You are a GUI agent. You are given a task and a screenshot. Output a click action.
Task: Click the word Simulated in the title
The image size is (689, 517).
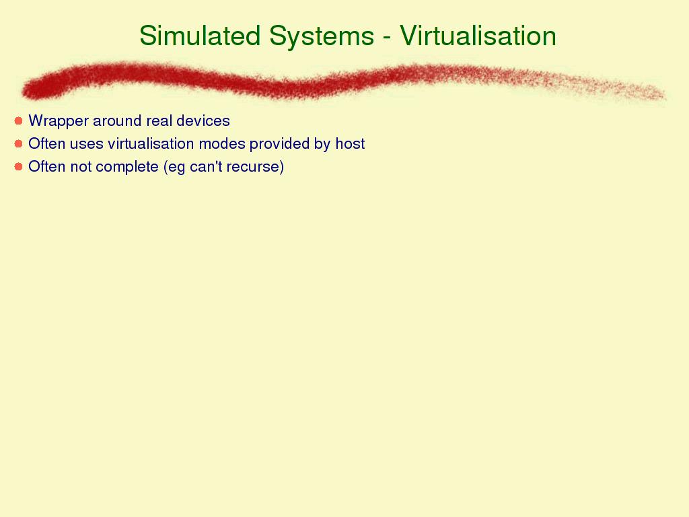[x=200, y=35]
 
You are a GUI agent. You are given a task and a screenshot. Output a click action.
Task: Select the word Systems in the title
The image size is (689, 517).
[x=322, y=36]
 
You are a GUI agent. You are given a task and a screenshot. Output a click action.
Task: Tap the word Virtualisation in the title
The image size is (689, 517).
[x=478, y=35]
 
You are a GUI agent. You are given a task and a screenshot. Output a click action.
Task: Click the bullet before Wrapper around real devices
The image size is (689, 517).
[x=18, y=121]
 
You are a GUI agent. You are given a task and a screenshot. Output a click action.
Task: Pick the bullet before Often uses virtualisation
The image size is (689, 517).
[x=18, y=144]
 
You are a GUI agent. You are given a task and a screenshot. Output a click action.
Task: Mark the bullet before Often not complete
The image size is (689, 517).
[x=18, y=167]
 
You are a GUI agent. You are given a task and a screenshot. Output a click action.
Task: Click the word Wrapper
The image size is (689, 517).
[x=59, y=122]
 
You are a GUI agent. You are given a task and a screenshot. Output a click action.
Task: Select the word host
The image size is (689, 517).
[x=350, y=143]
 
